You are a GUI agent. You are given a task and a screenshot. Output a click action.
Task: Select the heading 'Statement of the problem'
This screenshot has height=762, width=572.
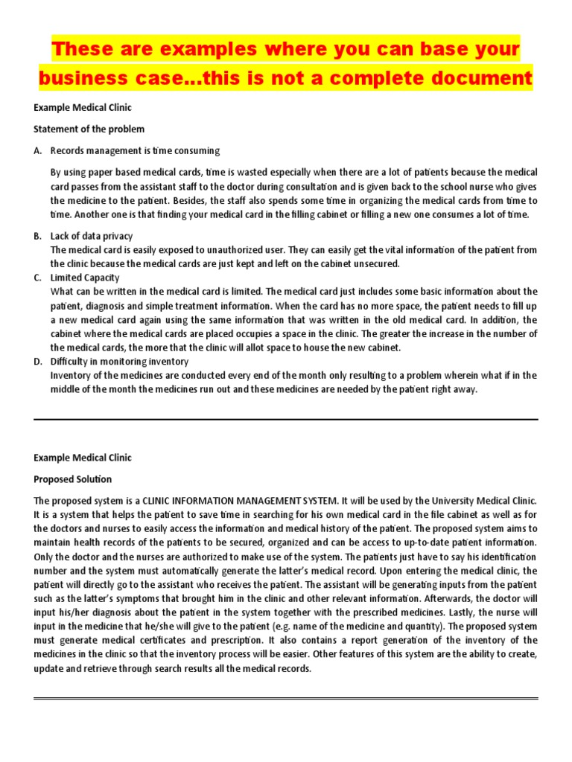(89, 129)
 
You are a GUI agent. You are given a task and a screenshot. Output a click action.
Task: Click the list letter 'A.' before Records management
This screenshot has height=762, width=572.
(38, 150)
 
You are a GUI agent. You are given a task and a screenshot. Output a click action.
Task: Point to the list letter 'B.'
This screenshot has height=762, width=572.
(38, 236)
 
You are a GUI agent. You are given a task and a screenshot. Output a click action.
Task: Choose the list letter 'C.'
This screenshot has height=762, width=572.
(38, 278)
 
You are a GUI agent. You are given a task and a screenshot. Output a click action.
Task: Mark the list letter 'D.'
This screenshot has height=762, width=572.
(38, 362)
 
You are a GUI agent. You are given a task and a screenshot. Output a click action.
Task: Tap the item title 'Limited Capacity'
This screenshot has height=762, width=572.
(83, 278)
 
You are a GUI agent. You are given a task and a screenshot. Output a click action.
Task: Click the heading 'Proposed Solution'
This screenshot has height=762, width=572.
(72, 479)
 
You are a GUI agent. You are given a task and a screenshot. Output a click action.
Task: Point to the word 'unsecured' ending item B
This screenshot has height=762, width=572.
(378, 263)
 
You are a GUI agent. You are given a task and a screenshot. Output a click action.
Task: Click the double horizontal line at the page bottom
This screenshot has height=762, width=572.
(285, 698)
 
